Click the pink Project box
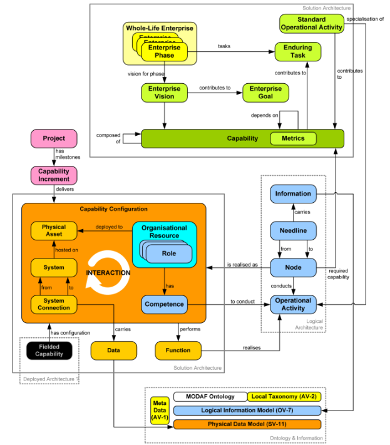tap(54, 138)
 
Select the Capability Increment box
tap(54, 175)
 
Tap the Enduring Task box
tap(298, 51)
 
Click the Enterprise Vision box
tap(164, 93)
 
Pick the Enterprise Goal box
tap(266, 93)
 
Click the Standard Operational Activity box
tap(311, 23)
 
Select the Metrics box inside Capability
tap(293, 138)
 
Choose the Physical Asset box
tap(54, 230)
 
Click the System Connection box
tap(54, 305)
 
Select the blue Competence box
tap(164, 305)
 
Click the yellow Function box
tap(178, 350)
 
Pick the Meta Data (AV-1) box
tap(160, 410)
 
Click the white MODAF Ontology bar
tap(210, 397)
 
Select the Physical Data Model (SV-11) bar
tap(247, 424)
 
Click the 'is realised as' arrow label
tap(242, 264)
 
